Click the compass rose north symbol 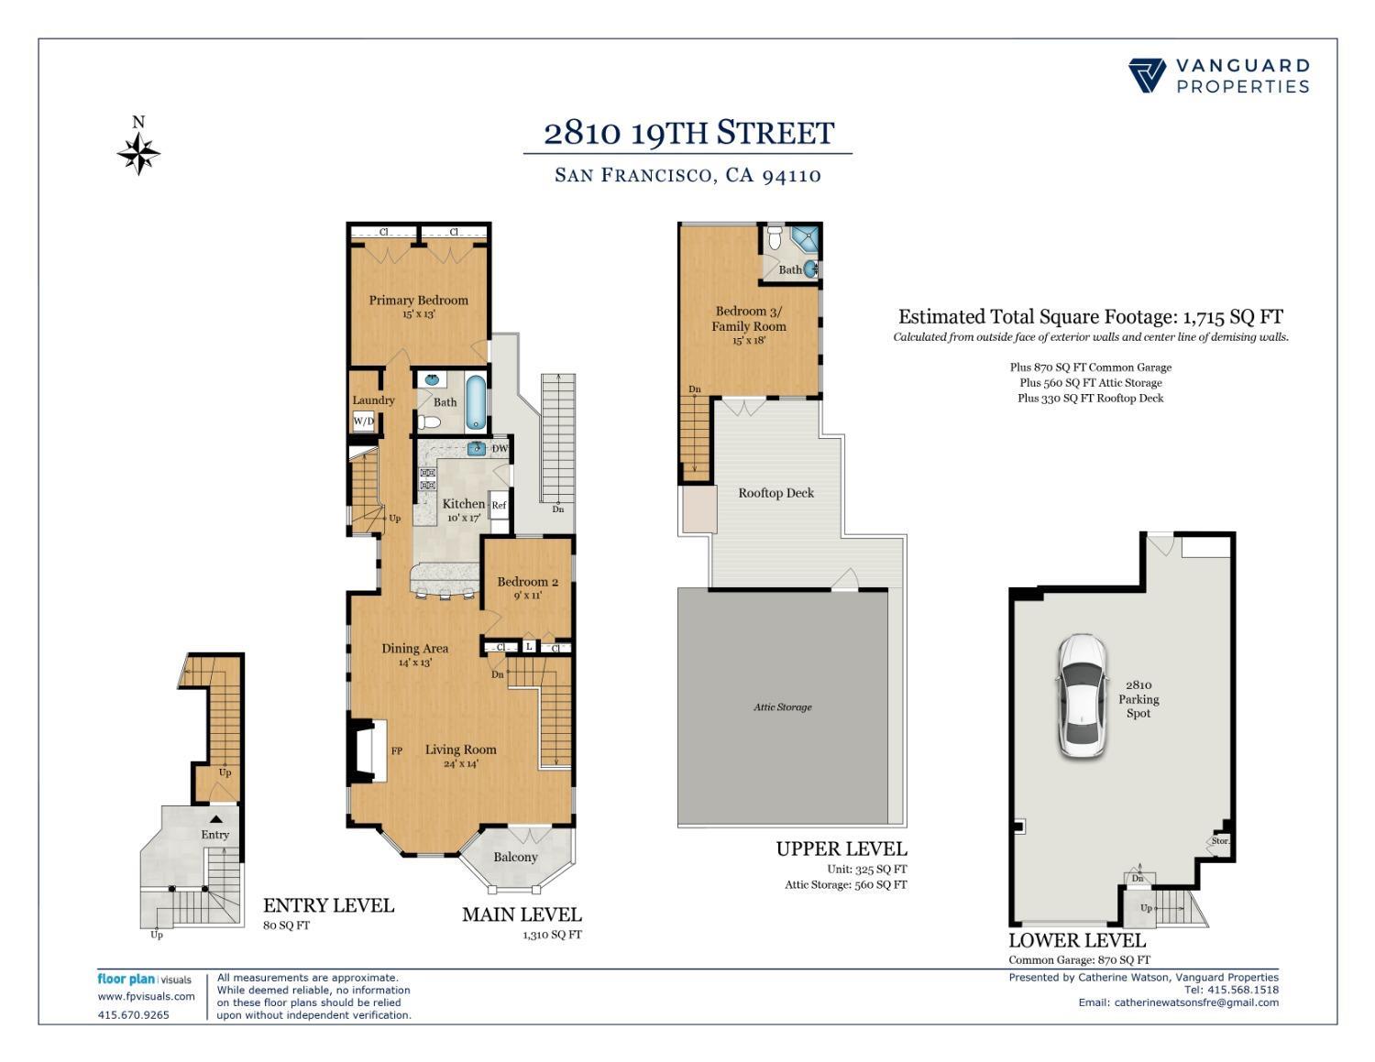[138, 152]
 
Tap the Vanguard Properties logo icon [1147, 76]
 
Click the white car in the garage [1081, 695]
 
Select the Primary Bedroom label [418, 301]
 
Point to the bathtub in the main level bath [476, 402]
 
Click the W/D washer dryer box [364, 422]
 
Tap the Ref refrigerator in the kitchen [499, 505]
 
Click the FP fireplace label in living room [397, 750]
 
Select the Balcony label [515, 857]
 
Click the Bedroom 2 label [527, 582]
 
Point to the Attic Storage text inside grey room [782, 706]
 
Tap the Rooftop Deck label [775, 493]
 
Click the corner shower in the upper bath [805, 240]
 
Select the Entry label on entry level [215, 835]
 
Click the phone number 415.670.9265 [133, 1014]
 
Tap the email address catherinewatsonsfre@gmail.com [1196, 1002]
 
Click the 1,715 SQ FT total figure [1232, 317]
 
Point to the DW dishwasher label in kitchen [500, 448]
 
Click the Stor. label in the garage [1219, 841]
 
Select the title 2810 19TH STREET [688, 133]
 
